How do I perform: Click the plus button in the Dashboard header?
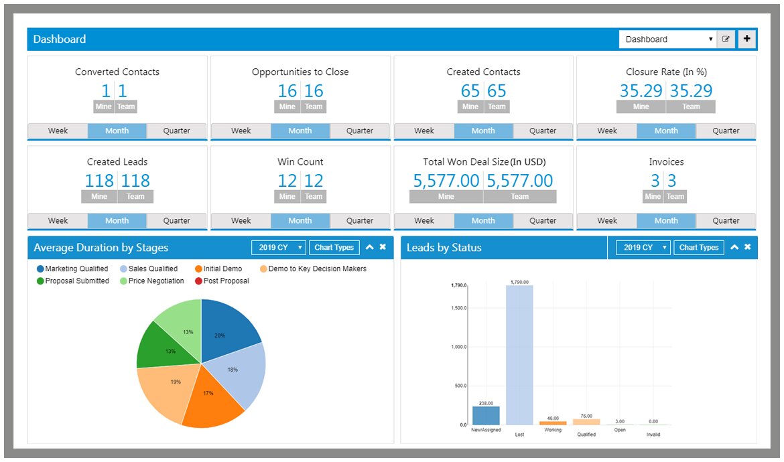[747, 40]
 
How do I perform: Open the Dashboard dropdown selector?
[667, 40]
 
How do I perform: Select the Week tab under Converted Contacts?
[58, 131]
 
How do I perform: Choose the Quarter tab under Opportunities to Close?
[360, 131]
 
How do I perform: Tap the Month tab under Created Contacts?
[483, 131]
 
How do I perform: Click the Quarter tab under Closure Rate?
[726, 131]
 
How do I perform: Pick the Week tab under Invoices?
[607, 220]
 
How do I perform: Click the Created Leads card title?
[117, 161]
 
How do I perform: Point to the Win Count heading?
[300, 161]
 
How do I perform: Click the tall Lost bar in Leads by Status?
[519, 355]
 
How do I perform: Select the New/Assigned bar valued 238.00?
[486, 416]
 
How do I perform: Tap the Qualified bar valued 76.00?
[586, 422]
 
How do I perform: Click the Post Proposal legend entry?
[226, 281]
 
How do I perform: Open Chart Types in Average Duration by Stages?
[334, 248]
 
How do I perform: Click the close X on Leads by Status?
[747, 247]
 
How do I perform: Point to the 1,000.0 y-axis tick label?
[458, 346]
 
